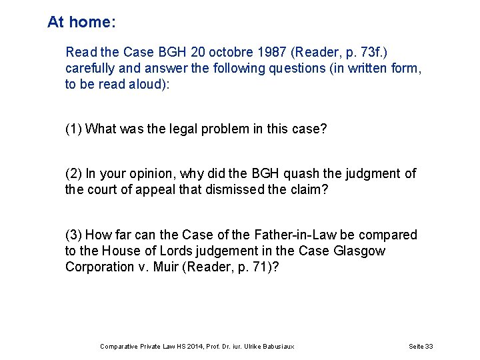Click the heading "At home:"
tap(81, 22)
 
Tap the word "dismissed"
tap(239, 189)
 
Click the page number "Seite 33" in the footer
tap(420, 346)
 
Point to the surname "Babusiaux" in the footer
tap(277, 346)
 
